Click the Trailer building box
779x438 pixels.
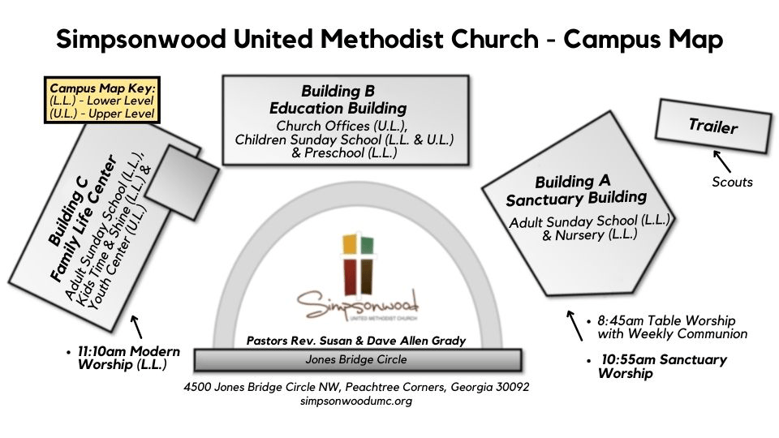click(x=714, y=127)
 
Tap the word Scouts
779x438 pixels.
click(x=732, y=182)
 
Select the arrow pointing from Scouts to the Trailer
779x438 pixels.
click(x=722, y=161)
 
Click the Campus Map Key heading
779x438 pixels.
click(x=102, y=88)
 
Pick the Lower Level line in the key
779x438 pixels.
click(x=102, y=101)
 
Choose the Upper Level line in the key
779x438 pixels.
click(x=102, y=114)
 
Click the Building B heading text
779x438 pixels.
click(x=338, y=91)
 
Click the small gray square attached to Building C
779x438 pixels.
click(x=181, y=182)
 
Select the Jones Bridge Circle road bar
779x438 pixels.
click(x=357, y=360)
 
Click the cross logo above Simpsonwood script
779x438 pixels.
click(x=358, y=264)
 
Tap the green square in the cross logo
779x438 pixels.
click(x=367, y=245)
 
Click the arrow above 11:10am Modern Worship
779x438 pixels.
click(x=136, y=327)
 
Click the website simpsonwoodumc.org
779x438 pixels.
click(x=355, y=401)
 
